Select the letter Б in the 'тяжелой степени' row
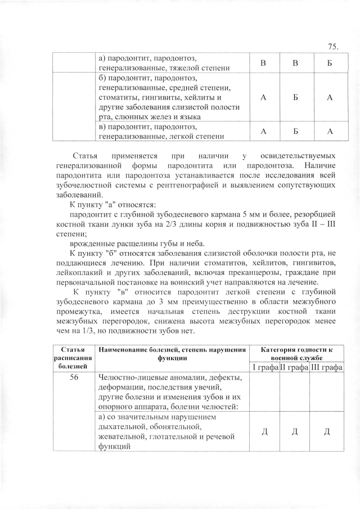pos(330,64)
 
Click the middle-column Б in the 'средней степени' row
pos(295,97)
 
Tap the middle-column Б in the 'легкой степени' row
pos(295,132)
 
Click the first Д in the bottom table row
pos(264,432)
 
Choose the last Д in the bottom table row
pos(326,432)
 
